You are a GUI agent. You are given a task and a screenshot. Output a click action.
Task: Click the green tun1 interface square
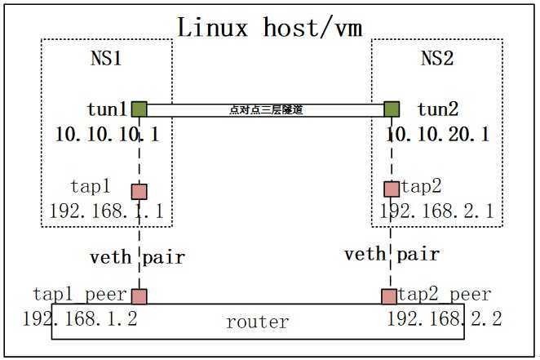click(139, 109)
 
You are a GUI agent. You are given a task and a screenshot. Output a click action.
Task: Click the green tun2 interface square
click(392, 109)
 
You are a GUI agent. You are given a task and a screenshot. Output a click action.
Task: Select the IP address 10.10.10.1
click(107, 134)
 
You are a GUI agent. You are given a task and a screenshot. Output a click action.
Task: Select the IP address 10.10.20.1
click(438, 134)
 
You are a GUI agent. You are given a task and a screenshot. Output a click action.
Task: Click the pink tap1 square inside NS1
click(139, 191)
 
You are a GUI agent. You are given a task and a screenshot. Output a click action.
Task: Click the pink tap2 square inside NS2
click(392, 189)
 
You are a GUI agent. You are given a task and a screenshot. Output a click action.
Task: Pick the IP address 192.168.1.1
click(107, 211)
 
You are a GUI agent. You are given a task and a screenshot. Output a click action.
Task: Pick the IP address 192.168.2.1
click(436, 211)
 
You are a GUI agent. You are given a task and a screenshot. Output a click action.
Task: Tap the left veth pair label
click(137, 257)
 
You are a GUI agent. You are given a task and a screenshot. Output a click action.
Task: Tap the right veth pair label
click(392, 255)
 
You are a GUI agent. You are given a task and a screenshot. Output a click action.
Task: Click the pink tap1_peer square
click(139, 296)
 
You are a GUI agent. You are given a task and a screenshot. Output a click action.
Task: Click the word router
click(257, 322)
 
